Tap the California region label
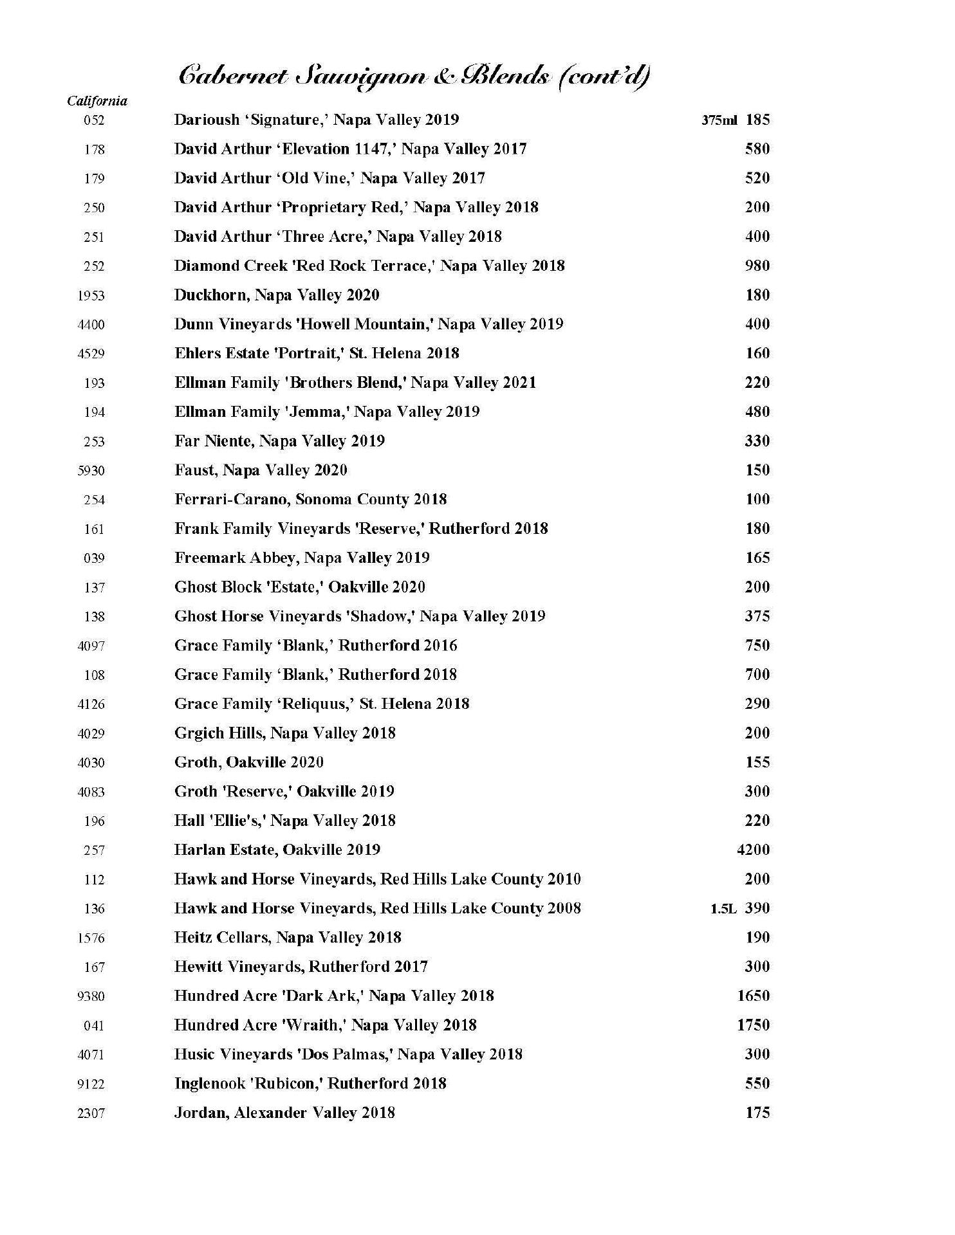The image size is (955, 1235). [x=97, y=101]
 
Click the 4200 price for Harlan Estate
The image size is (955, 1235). [x=753, y=850]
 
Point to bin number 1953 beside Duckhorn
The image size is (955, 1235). [x=91, y=296]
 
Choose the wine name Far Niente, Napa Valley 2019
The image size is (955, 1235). [x=279, y=441]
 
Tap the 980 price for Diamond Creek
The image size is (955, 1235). [x=757, y=266]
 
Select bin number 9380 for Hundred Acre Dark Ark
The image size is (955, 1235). [x=91, y=996]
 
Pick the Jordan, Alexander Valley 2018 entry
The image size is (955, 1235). [x=284, y=1113]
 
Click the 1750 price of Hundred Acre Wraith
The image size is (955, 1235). [x=753, y=1025]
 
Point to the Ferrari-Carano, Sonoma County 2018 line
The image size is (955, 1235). [x=310, y=500]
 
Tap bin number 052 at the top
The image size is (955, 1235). [x=94, y=120]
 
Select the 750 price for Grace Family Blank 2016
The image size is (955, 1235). [x=757, y=646]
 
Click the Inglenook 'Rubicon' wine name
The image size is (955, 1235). [x=310, y=1084]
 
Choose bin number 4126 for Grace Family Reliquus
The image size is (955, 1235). [x=91, y=704]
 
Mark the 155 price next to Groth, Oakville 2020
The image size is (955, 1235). [x=757, y=762]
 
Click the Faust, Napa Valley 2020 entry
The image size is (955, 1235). [x=261, y=471]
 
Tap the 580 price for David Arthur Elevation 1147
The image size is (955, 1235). [x=757, y=149]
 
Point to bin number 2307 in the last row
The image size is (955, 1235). [x=91, y=1113]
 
